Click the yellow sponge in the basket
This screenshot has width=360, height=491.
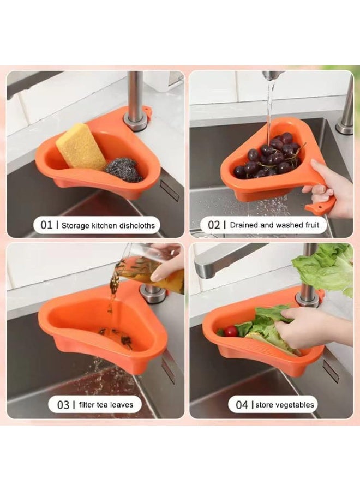point(81,147)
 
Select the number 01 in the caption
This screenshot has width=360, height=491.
point(47,225)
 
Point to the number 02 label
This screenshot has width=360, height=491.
point(214,225)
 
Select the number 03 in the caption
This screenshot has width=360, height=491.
point(63,405)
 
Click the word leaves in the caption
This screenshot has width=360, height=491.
point(121,405)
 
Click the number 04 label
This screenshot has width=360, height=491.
point(242,405)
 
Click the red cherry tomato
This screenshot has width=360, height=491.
point(231,331)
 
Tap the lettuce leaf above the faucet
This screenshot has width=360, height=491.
point(325,267)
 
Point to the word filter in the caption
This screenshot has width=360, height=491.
point(85,405)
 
